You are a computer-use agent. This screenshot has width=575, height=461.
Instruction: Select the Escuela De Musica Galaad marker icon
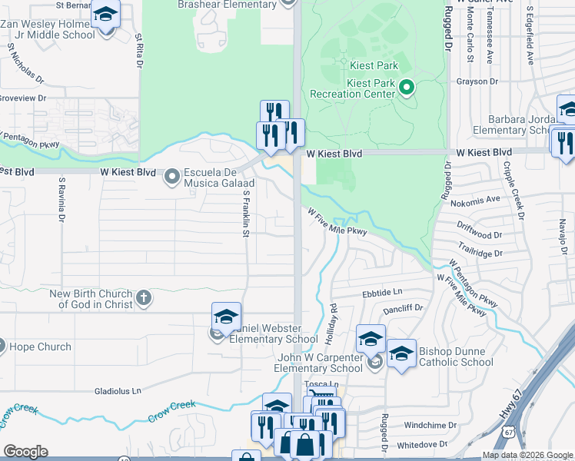[171, 177]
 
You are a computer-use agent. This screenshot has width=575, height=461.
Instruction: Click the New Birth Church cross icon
[143, 298]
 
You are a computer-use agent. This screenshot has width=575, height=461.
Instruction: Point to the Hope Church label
[40, 347]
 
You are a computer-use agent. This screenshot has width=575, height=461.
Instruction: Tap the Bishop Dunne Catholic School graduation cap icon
[401, 353]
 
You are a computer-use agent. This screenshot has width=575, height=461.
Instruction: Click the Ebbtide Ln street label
[382, 293]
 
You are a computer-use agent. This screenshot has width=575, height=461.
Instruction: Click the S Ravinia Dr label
[61, 201]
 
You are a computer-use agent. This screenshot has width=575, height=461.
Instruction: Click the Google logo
[25, 452]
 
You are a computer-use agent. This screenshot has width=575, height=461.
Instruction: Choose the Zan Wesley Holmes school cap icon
[105, 15]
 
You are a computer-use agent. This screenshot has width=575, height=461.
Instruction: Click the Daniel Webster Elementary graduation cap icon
[227, 317]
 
